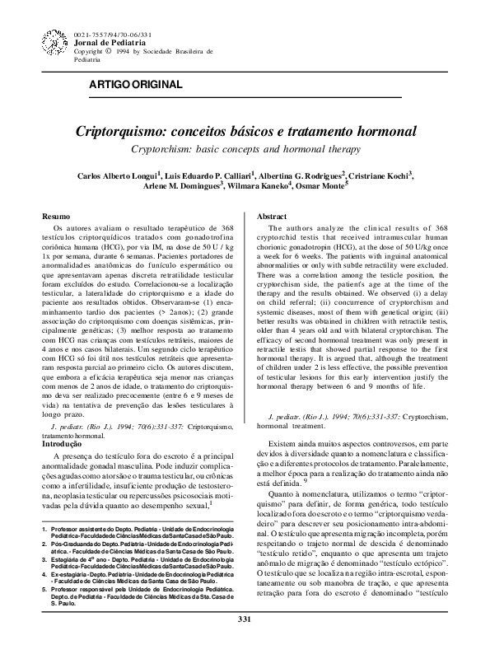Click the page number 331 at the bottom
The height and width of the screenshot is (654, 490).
(244, 642)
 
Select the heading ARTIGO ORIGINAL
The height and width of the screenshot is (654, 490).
(135, 86)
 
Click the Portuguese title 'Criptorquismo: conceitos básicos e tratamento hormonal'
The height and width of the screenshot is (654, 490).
(246, 131)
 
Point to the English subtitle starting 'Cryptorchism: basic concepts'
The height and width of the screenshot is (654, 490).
(245, 149)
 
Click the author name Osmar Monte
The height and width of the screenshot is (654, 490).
(320, 187)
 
